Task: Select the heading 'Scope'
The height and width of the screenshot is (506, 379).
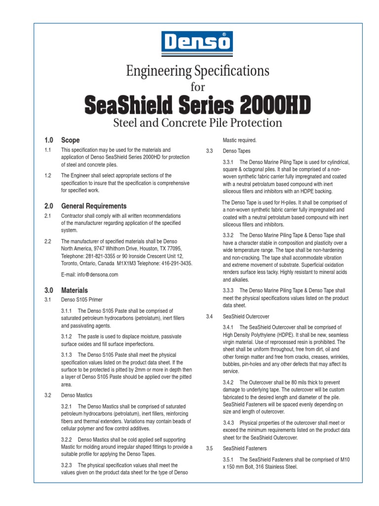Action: pos(70,140)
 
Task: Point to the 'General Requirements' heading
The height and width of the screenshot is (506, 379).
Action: pos(94,206)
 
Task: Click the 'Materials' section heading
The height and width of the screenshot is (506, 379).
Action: pos(75,290)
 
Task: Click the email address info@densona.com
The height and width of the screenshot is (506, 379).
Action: pos(90,275)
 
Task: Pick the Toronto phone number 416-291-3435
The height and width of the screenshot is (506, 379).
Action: pos(176,263)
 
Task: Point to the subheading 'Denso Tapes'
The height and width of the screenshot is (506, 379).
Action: pos(236,151)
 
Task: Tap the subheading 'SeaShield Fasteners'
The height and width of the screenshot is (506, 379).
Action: pos(245,448)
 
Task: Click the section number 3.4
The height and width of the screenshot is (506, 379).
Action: pos(209,316)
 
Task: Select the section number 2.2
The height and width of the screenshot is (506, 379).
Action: pos(48,242)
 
